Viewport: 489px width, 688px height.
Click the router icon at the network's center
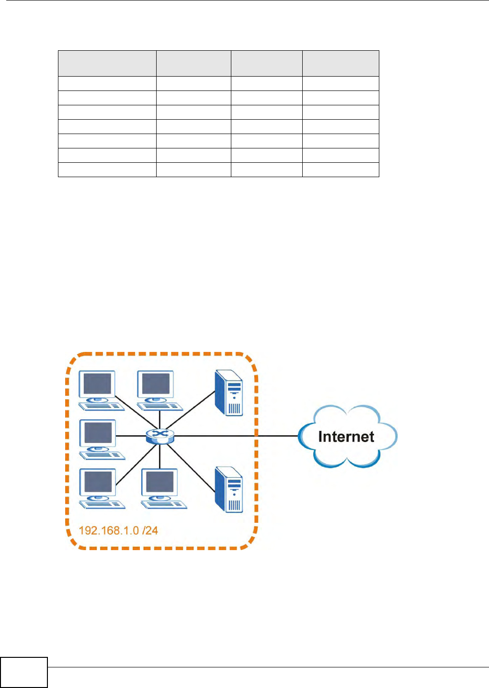(160, 436)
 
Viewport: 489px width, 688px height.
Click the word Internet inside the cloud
(346, 437)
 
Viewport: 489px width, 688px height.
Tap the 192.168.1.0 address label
(109, 530)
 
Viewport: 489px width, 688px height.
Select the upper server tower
(229, 392)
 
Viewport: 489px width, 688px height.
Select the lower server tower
(229, 489)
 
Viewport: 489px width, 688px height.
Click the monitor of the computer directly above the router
(156, 384)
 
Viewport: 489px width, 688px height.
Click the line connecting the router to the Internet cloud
(235, 436)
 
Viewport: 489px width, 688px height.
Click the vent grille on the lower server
(234, 506)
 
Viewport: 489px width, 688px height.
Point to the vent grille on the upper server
(234, 408)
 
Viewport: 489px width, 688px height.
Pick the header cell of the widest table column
(107, 63)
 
